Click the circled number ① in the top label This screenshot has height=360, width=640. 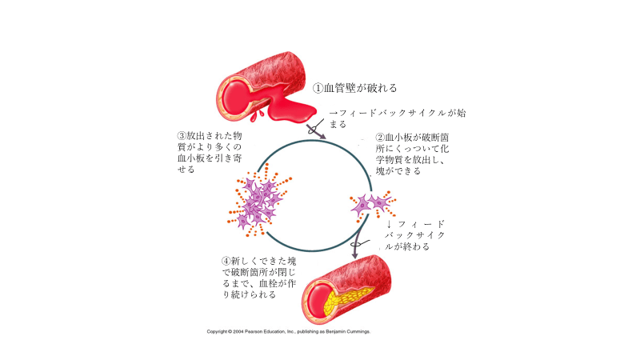tap(318, 88)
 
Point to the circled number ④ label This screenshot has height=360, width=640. tap(226, 261)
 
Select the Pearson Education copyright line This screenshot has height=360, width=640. tap(288, 331)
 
